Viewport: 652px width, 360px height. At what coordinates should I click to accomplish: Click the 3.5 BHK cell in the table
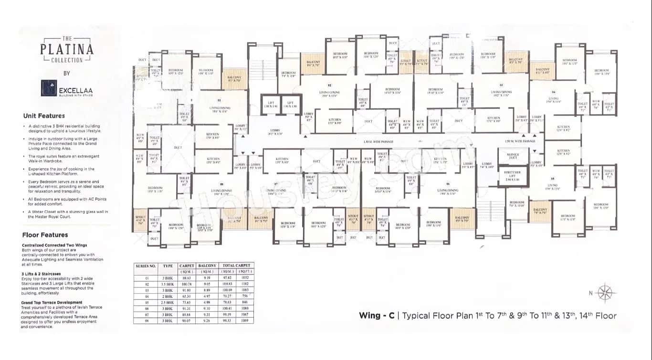[168, 284]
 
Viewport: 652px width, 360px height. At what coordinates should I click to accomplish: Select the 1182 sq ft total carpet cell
[245, 284]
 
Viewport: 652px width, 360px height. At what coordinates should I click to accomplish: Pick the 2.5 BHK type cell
[168, 302]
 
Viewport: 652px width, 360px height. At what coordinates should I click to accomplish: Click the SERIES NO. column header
[146, 265]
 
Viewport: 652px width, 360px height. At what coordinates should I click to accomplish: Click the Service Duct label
[513, 156]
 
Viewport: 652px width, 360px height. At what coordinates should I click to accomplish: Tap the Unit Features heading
[44, 116]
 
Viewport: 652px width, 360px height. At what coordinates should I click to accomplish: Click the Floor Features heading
[45, 235]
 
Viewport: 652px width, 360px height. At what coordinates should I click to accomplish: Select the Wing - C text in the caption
[377, 316]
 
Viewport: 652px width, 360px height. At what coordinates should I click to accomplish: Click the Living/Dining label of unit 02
[329, 94]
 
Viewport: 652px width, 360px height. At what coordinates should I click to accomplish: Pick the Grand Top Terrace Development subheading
[52, 303]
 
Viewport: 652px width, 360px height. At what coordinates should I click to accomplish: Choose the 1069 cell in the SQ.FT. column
[245, 321]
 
